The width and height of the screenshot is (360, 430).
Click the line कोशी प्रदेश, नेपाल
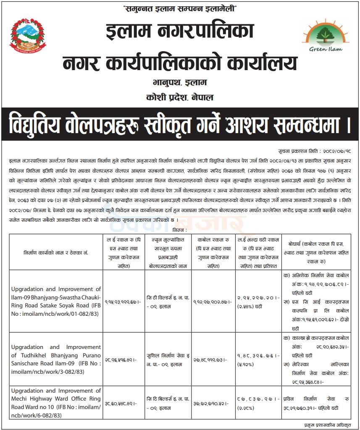tap(180, 97)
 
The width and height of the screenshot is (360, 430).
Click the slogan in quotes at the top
tap(180, 9)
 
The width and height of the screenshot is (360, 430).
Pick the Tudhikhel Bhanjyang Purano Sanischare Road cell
tap(56, 359)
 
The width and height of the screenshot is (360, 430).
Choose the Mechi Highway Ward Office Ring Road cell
tap(56, 403)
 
